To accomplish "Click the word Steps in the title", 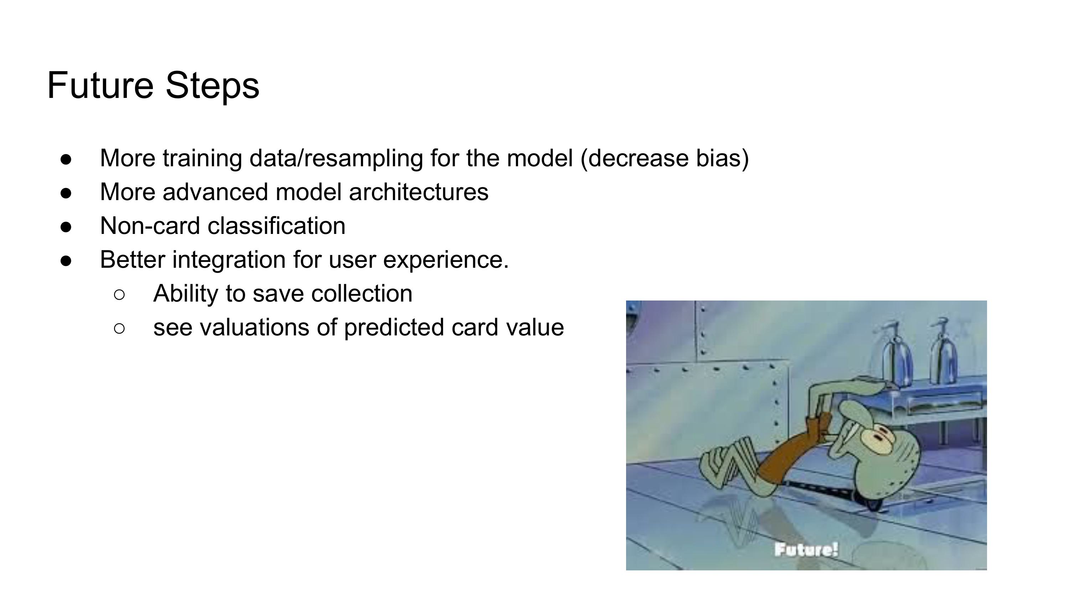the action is tap(212, 85).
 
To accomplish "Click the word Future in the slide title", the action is tap(100, 85).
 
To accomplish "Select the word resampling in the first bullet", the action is tap(363, 159).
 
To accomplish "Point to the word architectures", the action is tap(419, 192).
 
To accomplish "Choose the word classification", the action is tap(277, 226).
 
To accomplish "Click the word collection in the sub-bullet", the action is tap(361, 294).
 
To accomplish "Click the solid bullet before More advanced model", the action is tap(66, 193).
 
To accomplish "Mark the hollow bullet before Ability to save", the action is tap(119, 294).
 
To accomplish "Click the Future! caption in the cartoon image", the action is tap(806, 550).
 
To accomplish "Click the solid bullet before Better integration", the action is tap(66, 261).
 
